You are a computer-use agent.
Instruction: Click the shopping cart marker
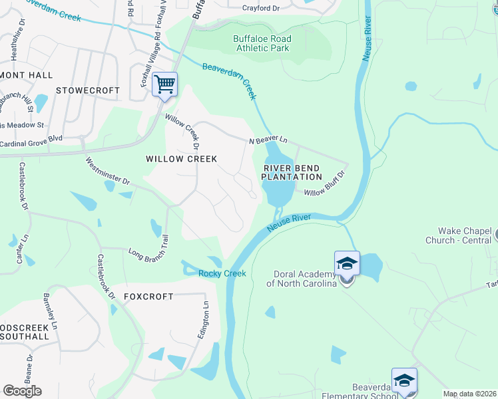click(164, 84)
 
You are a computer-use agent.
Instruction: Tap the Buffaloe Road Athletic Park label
click(262, 43)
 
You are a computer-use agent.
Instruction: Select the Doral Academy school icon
click(347, 264)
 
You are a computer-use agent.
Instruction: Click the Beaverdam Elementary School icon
click(403, 380)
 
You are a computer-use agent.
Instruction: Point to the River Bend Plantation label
click(291, 172)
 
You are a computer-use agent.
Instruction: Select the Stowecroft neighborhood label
click(88, 90)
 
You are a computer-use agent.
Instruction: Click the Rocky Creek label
click(222, 273)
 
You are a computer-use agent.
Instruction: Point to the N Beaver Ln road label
click(268, 141)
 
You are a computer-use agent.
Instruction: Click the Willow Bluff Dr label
click(325, 184)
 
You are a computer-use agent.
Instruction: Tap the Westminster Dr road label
click(107, 172)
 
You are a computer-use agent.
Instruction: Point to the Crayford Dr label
click(261, 8)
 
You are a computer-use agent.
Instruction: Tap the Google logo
click(22, 390)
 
